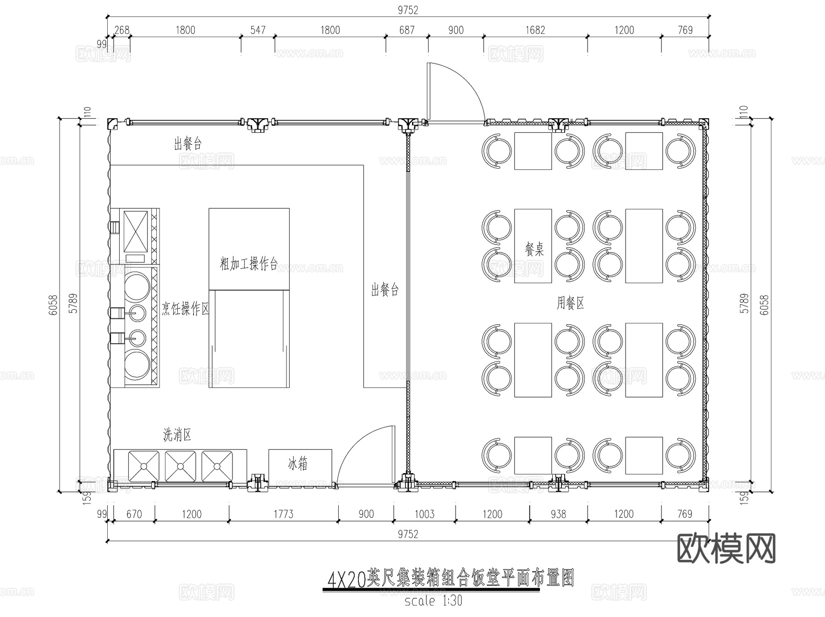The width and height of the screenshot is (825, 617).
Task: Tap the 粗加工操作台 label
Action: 248,264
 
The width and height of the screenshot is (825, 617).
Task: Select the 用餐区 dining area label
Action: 570,303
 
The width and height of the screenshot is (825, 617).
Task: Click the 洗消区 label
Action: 177,435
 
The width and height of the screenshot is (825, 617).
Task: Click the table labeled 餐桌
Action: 533,246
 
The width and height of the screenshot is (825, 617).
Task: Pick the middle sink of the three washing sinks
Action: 180,466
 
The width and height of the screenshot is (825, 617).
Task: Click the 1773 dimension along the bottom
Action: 283,514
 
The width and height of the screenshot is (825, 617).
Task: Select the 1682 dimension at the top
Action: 535,30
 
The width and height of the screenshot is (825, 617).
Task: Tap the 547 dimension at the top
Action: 258,30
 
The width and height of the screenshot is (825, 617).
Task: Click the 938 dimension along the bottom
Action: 558,514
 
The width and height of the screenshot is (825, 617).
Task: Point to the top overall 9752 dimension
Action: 407,10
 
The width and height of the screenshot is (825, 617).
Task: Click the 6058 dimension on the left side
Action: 53,304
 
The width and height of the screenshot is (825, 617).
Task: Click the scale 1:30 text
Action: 433,601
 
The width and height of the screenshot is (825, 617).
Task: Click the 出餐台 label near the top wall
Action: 187,144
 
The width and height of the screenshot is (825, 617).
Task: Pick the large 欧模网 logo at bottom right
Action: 726,548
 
